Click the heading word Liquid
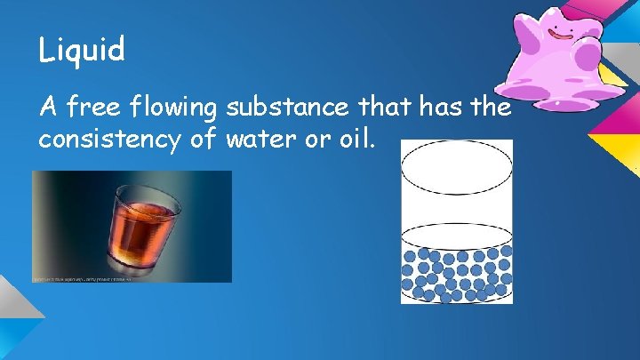pyautogui.click(x=81, y=50)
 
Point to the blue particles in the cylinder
pyautogui.click(x=457, y=272)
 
